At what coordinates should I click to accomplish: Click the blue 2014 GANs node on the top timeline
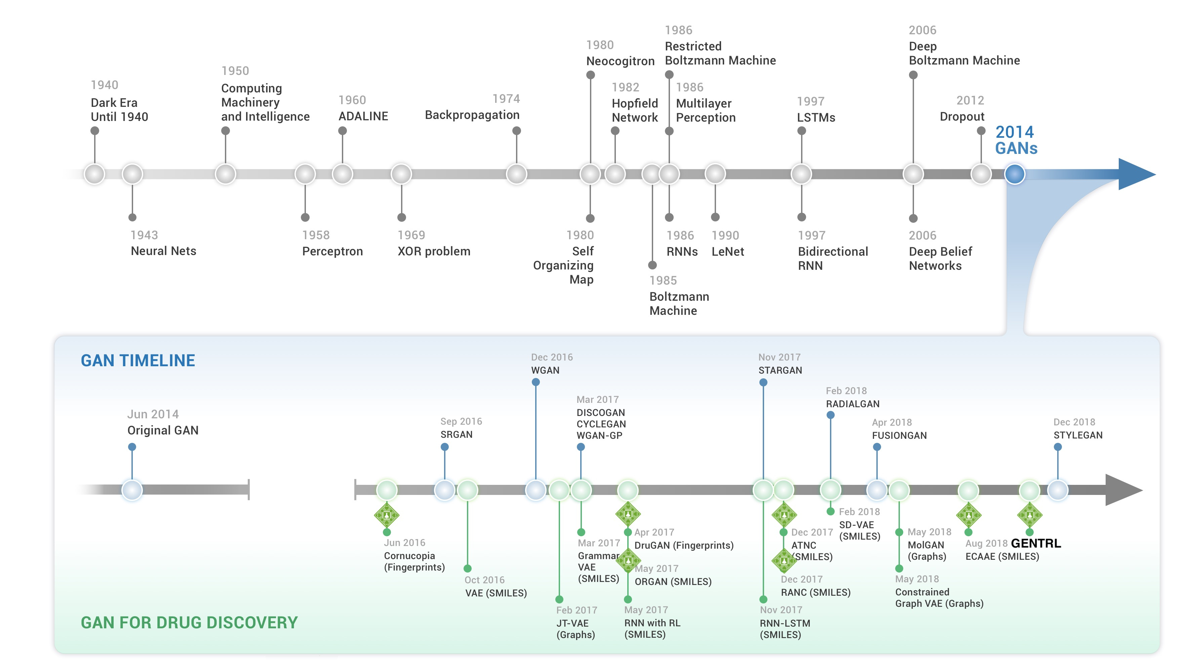coord(1015,174)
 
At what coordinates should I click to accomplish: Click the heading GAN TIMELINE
coord(138,360)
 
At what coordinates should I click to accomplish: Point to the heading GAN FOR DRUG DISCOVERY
coord(189,622)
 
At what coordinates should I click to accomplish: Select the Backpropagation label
coord(472,115)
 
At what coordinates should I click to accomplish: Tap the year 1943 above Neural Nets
coord(144,235)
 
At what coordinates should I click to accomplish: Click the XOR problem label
coord(434,251)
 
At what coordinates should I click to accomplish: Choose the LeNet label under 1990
coord(727,252)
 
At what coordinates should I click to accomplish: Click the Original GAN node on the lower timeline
coord(132,490)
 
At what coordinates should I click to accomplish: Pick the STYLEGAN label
coord(1078,435)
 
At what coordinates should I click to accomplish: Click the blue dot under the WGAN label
coord(536,382)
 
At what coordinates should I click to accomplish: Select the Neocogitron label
coord(620,61)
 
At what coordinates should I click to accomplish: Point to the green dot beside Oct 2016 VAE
coord(468,569)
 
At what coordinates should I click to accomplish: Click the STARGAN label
coord(780,370)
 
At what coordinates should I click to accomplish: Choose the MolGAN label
coord(925,545)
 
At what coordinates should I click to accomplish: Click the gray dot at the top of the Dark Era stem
coord(95,131)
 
